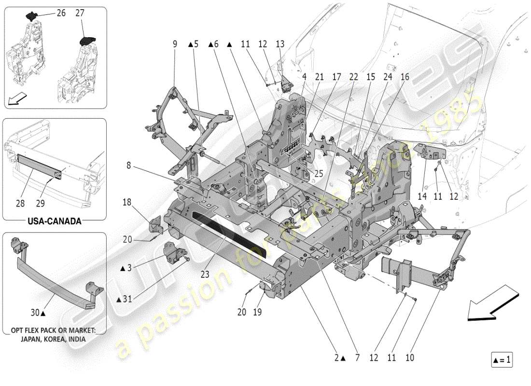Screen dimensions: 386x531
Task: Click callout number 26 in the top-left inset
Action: tap(61, 14)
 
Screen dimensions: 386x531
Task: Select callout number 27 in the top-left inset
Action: tap(80, 14)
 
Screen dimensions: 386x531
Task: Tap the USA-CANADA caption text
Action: tap(54, 221)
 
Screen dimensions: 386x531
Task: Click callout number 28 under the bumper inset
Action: tap(20, 204)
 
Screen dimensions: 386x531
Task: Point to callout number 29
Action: tap(42, 204)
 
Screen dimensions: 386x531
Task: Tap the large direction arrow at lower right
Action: tap(492, 302)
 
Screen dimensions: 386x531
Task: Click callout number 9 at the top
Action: tap(175, 44)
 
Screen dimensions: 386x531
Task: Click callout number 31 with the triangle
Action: tap(126, 299)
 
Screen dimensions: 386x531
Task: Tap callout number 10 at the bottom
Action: tap(410, 358)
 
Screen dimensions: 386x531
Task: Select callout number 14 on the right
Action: tap(425, 197)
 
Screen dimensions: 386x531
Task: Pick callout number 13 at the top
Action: tap(280, 44)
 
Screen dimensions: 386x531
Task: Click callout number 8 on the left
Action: tap(129, 165)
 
